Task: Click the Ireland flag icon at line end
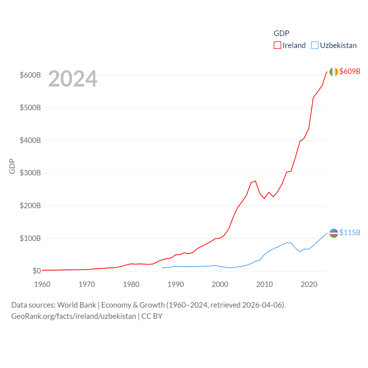tap(333, 72)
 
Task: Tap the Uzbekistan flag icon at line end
tap(333, 233)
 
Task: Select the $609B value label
tap(350, 71)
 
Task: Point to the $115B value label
tap(350, 233)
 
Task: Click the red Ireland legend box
tap(277, 45)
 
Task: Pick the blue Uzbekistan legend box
tap(315, 45)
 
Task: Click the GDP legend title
tap(281, 33)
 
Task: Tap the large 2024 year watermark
tap(73, 79)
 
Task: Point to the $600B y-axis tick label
tap(30, 75)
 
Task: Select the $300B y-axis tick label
tap(30, 173)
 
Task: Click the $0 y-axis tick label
tap(37, 271)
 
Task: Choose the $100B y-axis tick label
tap(30, 238)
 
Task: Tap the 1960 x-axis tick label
tap(42, 284)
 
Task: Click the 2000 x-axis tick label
tap(220, 284)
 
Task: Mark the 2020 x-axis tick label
tap(309, 284)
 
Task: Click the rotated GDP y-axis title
tap(12, 166)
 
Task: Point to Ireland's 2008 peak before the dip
tap(255, 181)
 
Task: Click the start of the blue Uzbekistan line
tap(162, 268)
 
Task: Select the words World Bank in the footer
tap(76, 305)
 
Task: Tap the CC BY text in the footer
tap(152, 316)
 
